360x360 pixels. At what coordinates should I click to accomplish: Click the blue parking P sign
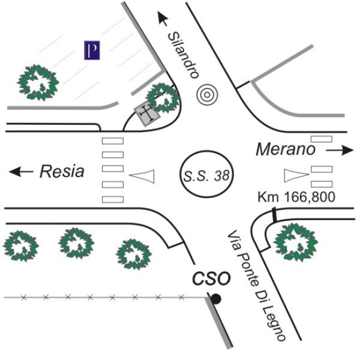[x=92, y=50]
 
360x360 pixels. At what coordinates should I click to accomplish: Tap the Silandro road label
[x=183, y=55]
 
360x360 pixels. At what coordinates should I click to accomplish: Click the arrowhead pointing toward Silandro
[x=163, y=19]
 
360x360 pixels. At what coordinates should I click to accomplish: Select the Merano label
[x=286, y=149]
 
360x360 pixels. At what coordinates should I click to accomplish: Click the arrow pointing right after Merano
[x=340, y=151]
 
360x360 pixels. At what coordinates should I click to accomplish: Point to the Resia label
[x=62, y=171]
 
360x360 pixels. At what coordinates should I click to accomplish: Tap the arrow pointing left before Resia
[x=21, y=172]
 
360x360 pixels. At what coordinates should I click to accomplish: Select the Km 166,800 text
[x=296, y=197]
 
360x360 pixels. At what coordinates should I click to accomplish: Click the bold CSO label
[x=211, y=278]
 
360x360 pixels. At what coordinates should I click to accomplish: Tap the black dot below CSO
[x=216, y=299]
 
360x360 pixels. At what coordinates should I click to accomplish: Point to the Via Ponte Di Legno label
[x=256, y=286]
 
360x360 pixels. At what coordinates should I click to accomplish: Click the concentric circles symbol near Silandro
[x=207, y=95]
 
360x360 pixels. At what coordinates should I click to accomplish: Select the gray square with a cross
[x=147, y=113]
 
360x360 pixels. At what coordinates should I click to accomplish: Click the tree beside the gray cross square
[x=163, y=98]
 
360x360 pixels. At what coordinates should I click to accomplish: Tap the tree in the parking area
[x=38, y=83]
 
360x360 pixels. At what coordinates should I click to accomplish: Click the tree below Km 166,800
[x=296, y=242]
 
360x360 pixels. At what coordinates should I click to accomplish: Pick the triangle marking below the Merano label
[x=295, y=175]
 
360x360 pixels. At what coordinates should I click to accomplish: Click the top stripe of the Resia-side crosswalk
[x=113, y=141]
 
